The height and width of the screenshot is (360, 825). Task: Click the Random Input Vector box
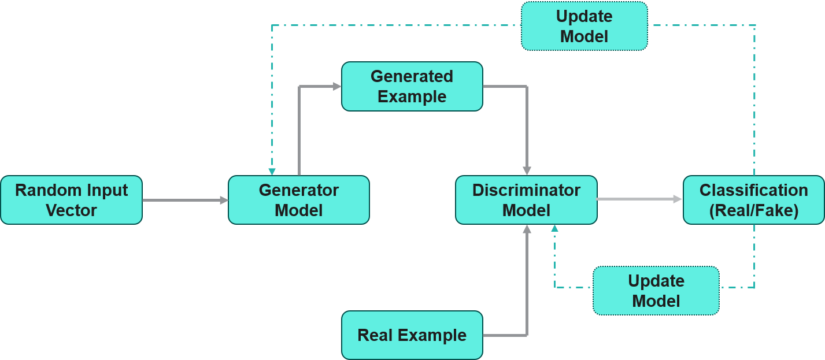(71, 200)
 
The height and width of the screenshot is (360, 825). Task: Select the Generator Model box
(298, 200)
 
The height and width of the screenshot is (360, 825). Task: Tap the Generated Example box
(412, 86)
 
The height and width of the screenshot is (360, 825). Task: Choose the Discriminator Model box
(526, 200)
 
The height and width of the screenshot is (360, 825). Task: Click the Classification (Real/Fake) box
(753, 200)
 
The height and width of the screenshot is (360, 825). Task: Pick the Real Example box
(412, 335)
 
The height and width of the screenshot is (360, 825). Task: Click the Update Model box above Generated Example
(584, 26)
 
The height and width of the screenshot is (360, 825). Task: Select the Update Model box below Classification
(656, 291)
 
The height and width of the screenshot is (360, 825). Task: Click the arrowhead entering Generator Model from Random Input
(224, 200)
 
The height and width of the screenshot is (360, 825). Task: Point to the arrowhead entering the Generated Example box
(337, 86)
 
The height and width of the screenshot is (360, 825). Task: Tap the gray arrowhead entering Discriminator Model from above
(527, 170)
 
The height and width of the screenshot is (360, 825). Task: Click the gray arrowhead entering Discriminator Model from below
(527, 229)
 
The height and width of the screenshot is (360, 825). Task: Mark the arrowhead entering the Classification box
(678, 199)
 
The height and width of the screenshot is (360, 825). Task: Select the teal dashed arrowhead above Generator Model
(272, 172)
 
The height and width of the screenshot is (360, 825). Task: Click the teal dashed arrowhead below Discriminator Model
(554, 228)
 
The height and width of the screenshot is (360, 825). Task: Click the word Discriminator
(526, 190)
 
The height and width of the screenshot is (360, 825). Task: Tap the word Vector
(71, 210)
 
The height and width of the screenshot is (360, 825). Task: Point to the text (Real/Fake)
(753, 210)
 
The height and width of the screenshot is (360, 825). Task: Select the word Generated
(412, 76)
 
